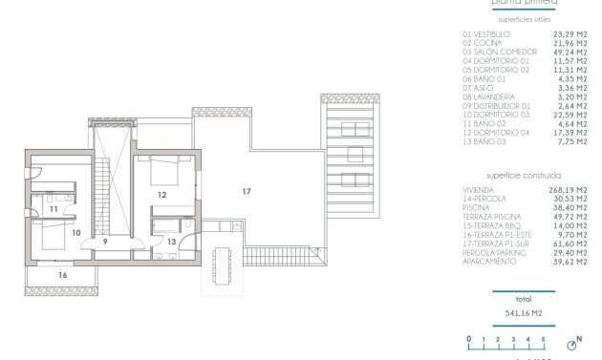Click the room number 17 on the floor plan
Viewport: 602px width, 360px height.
[x=246, y=192]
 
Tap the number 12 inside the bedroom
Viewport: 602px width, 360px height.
[x=161, y=195]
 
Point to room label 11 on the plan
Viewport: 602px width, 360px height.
[x=54, y=208]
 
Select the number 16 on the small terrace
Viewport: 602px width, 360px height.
[x=62, y=275]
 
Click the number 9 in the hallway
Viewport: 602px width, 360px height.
[x=106, y=242]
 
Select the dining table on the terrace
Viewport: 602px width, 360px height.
[x=223, y=265]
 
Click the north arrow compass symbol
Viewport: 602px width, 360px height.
[x=575, y=342]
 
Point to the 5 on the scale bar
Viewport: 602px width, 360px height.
[x=543, y=339]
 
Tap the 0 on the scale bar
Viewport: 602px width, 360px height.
[x=469, y=339]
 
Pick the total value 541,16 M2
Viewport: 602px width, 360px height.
[x=522, y=311]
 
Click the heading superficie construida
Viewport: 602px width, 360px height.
[x=523, y=176]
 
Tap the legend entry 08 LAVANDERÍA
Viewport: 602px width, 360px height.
[x=489, y=96]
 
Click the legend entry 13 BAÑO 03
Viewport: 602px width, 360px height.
[x=484, y=140]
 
